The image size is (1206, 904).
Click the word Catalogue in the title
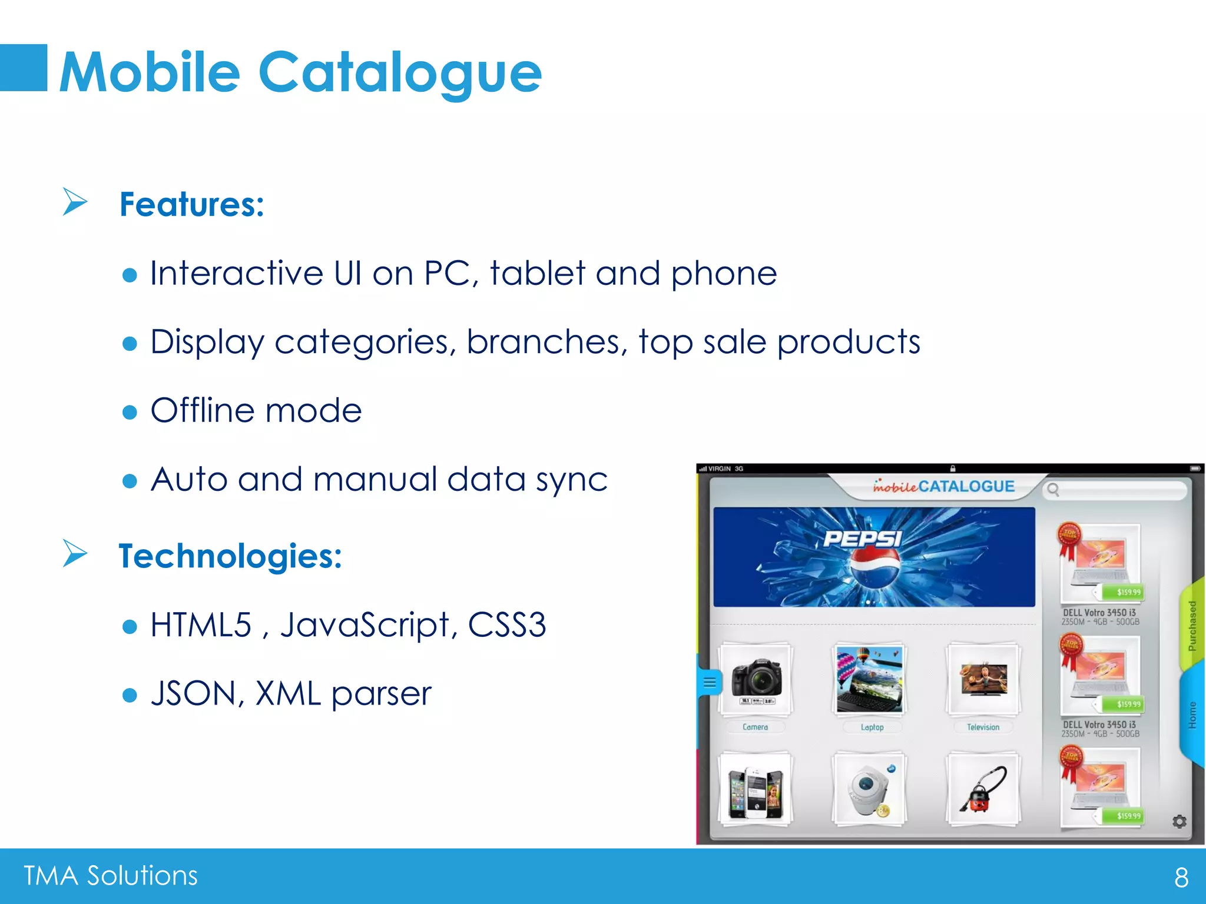tap(400, 72)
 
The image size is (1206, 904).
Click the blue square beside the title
tap(24, 68)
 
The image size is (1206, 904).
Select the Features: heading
tap(192, 204)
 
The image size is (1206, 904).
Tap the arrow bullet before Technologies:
tap(75, 553)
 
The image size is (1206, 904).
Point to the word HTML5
tap(201, 624)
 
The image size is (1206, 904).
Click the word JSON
tap(193, 693)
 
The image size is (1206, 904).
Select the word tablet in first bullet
tap(537, 273)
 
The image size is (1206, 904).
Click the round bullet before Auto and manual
tap(130, 481)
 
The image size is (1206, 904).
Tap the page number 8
tap(1181, 878)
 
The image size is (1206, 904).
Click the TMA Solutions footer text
tap(111, 876)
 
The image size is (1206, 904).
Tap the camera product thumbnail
tap(756, 679)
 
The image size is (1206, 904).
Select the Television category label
tap(983, 727)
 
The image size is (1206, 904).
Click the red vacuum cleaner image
tap(982, 790)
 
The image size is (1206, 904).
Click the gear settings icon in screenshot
tap(1179, 821)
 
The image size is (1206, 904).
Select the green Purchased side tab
tap(1192, 625)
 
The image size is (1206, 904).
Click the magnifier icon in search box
tap(1053, 490)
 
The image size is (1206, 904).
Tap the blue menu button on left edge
tap(710, 683)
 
